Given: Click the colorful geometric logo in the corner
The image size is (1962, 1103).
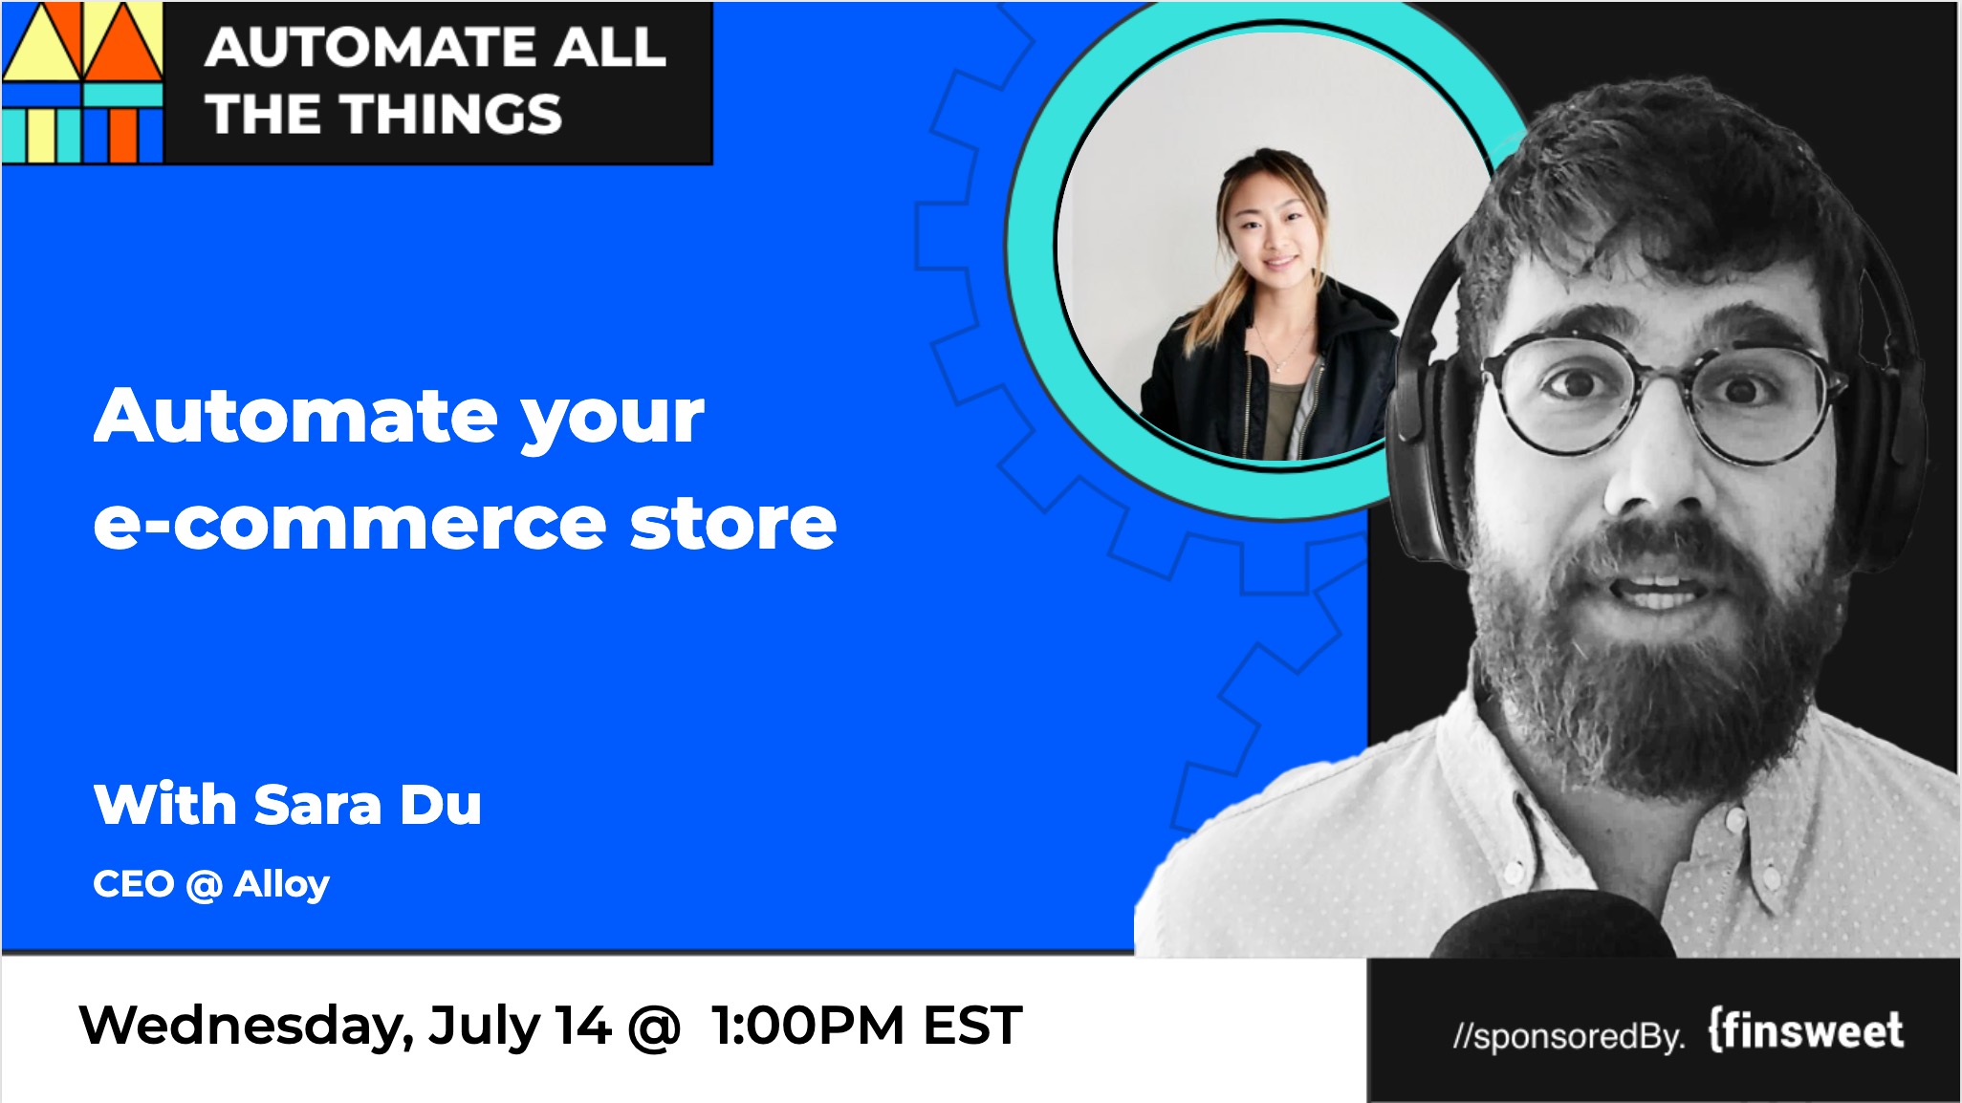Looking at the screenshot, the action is (82, 82).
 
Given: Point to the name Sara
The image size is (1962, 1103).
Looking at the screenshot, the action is (318, 805).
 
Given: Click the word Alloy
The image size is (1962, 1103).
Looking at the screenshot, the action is (281, 885).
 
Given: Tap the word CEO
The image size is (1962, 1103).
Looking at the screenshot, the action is (134, 884).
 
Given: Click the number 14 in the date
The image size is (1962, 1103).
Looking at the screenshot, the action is (583, 1026).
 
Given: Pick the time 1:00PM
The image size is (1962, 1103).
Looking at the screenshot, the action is (807, 1026).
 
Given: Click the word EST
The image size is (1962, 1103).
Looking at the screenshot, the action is (972, 1026).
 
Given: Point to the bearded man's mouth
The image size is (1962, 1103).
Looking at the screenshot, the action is (1657, 585).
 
